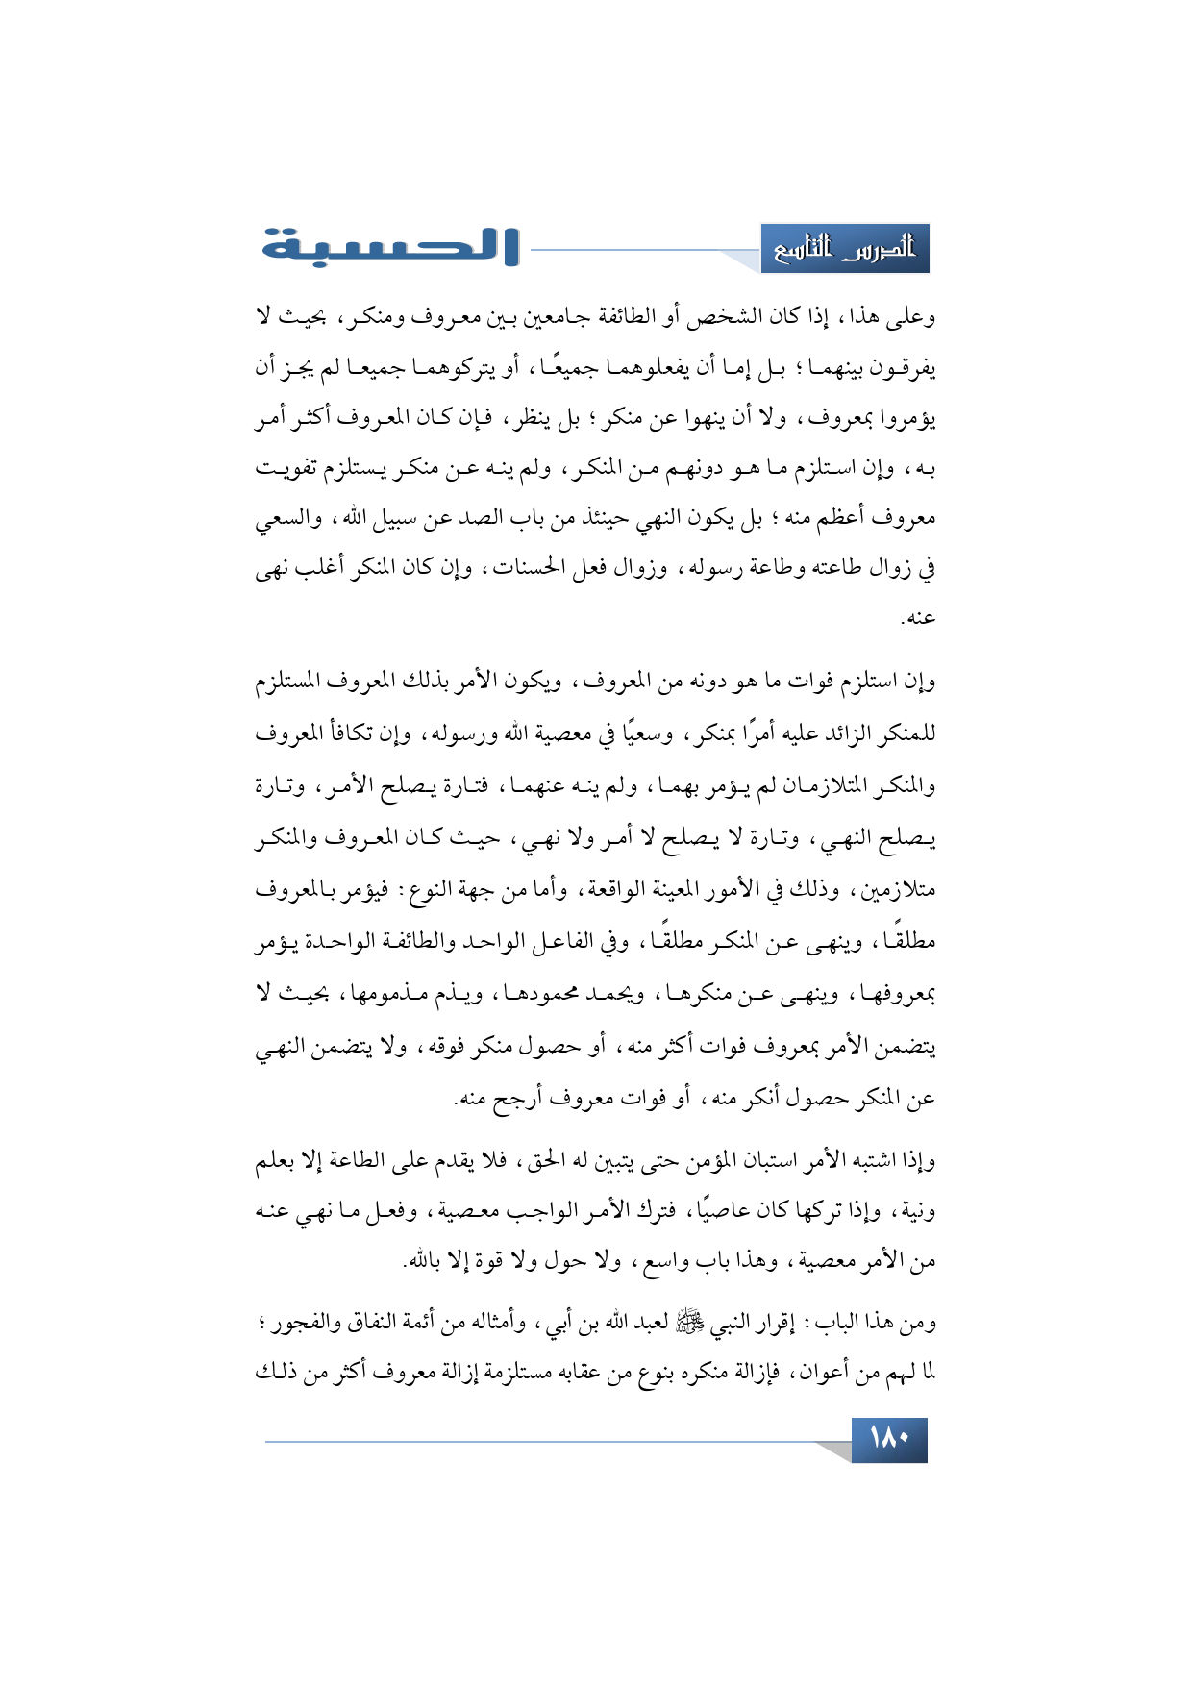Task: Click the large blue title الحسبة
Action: pyautogui.click(x=389, y=247)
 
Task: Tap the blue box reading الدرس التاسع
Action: pyautogui.click(x=845, y=250)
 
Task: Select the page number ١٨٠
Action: pyautogui.click(x=889, y=1439)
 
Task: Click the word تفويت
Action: pyautogui.click(x=289, y=469)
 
